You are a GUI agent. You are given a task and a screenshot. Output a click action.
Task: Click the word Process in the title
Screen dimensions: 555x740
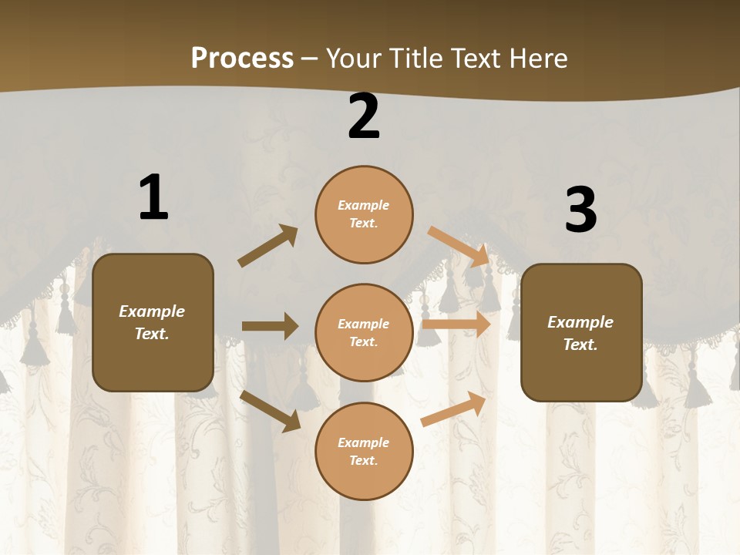coord(242,58)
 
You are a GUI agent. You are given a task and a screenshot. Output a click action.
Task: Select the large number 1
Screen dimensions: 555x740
coord(153,198)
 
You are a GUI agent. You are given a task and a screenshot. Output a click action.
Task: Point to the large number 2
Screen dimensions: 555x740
coord(364,116)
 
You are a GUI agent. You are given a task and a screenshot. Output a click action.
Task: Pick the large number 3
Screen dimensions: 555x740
coord(580,211)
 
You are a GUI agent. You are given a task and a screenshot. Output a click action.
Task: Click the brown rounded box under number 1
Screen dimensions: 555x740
coord(153,322)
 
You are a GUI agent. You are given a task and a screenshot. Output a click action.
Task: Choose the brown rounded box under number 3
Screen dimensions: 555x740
coord(581,332)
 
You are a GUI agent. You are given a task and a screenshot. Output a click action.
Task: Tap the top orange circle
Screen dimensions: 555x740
coord(364,214)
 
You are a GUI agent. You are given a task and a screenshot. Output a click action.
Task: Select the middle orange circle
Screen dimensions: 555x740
coord(364,332)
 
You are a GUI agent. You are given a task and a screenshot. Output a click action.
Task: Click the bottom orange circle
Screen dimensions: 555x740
coord(364,451)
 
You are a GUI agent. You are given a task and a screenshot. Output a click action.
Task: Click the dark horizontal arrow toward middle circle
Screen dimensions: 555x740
coord(270,326)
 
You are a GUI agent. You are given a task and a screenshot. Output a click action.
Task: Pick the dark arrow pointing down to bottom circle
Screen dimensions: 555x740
coord(270,411)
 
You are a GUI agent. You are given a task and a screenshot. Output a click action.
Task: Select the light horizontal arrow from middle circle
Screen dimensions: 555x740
coord(456,325)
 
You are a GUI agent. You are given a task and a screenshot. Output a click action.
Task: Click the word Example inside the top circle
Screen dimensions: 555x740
coord(364,206)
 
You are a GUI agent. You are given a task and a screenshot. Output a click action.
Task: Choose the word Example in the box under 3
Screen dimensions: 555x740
coord(580,322)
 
